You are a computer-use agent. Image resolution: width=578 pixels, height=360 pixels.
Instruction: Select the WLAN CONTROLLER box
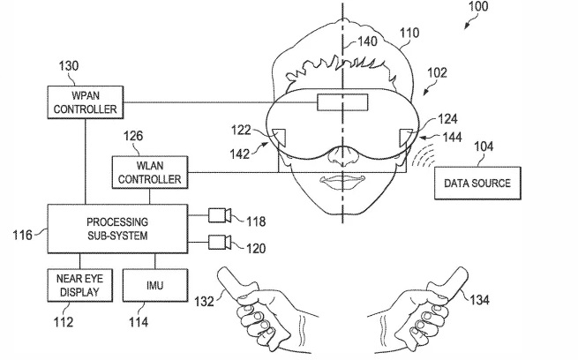click(147, 171)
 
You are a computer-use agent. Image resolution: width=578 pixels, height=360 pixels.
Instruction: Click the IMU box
click(154, 285)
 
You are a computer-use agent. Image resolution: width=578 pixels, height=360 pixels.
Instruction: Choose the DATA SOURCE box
click(478, 183)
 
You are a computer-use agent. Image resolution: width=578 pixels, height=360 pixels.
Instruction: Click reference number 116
click(24, 236)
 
